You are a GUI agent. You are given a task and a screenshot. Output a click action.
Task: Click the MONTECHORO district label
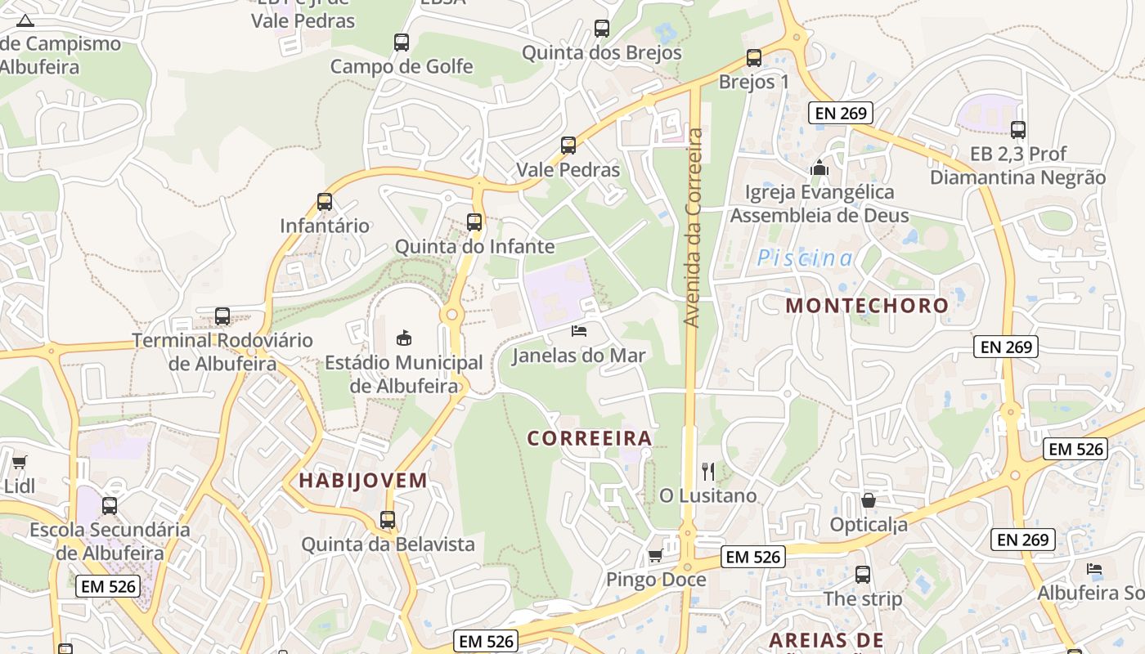[x=867, y=306]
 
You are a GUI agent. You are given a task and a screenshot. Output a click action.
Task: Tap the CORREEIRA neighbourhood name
[x=590, y=438]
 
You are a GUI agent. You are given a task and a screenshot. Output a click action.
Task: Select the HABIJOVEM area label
[x=363, y=481]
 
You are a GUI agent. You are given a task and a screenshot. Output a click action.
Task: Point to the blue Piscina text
[x=805, y=258]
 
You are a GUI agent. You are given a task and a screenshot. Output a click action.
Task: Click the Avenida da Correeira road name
[x=694, y=227]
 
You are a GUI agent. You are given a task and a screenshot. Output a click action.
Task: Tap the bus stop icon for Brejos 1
[x=754, y=58]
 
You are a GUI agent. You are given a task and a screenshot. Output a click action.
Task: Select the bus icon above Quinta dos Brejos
[x=602, y=29]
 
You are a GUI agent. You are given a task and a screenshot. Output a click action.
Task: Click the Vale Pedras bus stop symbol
[x=568, y=146]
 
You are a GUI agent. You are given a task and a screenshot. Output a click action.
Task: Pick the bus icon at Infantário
[x=325, y=201]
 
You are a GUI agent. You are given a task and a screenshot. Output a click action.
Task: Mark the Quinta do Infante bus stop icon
[x=474, y=222]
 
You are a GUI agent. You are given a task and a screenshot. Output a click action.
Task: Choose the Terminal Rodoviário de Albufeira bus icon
[x=222, y=316]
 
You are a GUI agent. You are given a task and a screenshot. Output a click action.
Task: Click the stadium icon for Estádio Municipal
[x=403, y=337]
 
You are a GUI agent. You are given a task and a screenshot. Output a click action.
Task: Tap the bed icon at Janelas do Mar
[x=578, y=331]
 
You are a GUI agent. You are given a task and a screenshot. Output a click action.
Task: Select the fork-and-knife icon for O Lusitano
[x=708, y=471]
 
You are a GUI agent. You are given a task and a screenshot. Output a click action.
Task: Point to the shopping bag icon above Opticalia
[x=869, y=499]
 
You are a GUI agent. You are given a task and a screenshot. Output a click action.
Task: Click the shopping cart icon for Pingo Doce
[x=655, y=556]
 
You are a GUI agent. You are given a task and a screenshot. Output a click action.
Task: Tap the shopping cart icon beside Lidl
[x=20, y=462]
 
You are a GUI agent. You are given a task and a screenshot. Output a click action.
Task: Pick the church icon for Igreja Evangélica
[x=819, y=168]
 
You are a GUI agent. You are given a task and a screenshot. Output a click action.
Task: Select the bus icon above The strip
[x=863, y=575]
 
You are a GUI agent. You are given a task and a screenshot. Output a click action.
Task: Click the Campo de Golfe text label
[x=402, y=66]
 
